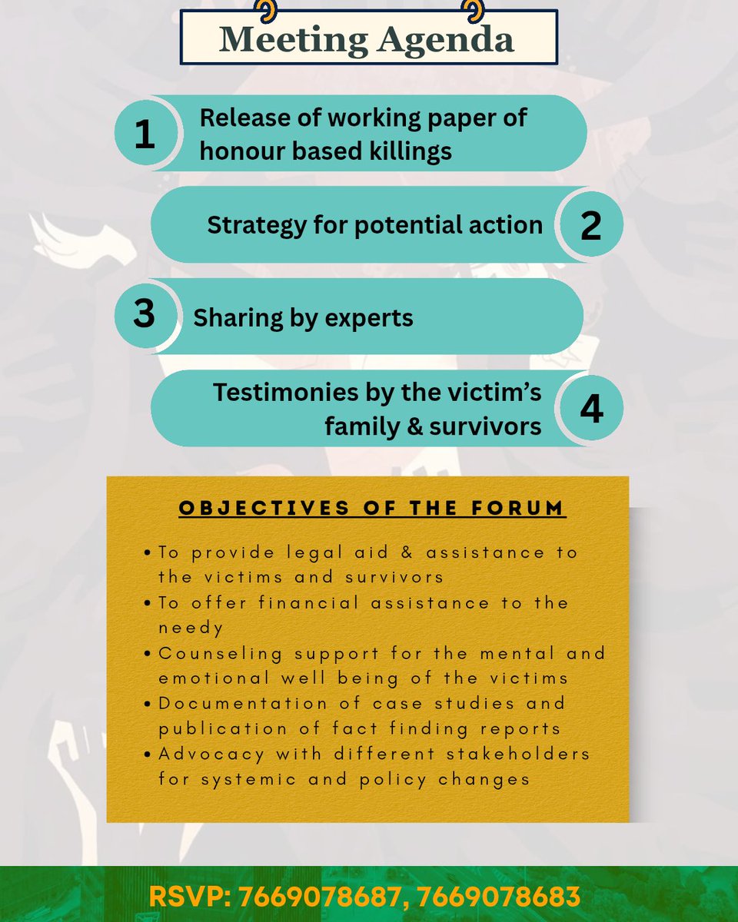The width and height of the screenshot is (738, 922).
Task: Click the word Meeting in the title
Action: (x=294, y=40)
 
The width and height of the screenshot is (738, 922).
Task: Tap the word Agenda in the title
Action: (x=445, y=40)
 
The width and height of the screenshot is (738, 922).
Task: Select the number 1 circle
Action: (x=146, y=133)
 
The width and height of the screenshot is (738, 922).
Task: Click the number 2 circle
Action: (x=591, y=224)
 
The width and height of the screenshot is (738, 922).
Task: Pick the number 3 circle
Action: (x=146, y=315)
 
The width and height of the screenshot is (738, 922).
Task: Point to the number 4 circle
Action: (x=592, y=408)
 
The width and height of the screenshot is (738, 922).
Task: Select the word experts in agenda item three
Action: (x=369, y=319)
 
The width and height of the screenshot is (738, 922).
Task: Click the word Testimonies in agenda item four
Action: (x=285, y=393)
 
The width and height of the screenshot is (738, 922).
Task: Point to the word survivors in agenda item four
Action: (x=485, y=426)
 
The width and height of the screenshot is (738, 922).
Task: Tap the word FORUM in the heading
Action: (x=517, y=508)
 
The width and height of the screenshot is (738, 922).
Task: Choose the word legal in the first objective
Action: (x=314, y=553)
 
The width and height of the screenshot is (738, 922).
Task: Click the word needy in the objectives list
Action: (x=191, y=628)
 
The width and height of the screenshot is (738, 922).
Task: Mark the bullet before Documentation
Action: (x=148, y=704)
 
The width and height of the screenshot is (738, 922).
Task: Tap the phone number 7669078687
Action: (x=319, y=897)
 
